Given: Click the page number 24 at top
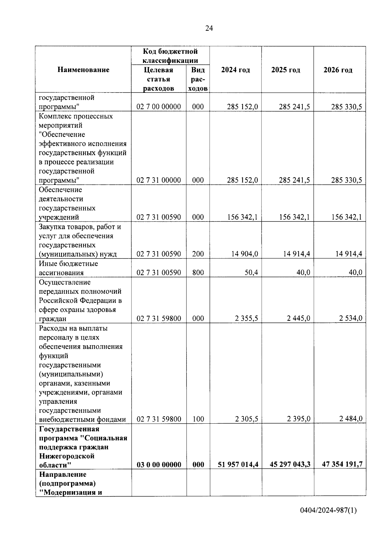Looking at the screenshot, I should [x=209, y=28].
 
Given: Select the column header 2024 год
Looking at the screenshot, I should [x=236, y=70].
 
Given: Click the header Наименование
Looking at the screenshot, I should [x=83, y=70].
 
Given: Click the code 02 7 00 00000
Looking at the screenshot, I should [x=159, y=107].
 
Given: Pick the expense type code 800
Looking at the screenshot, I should [x=198, y=273].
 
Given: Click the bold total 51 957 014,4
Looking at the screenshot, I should [x=238, y=465].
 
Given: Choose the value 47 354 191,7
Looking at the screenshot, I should [x=342, y=465].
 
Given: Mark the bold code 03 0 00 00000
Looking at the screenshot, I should [x=159, y=465].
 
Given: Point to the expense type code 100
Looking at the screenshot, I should [x=198, y=419].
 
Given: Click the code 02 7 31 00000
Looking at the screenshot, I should [x=159, y=180].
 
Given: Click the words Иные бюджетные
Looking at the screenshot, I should [x=68, y=264].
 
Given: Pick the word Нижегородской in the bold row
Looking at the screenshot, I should [x=67, y=456].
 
